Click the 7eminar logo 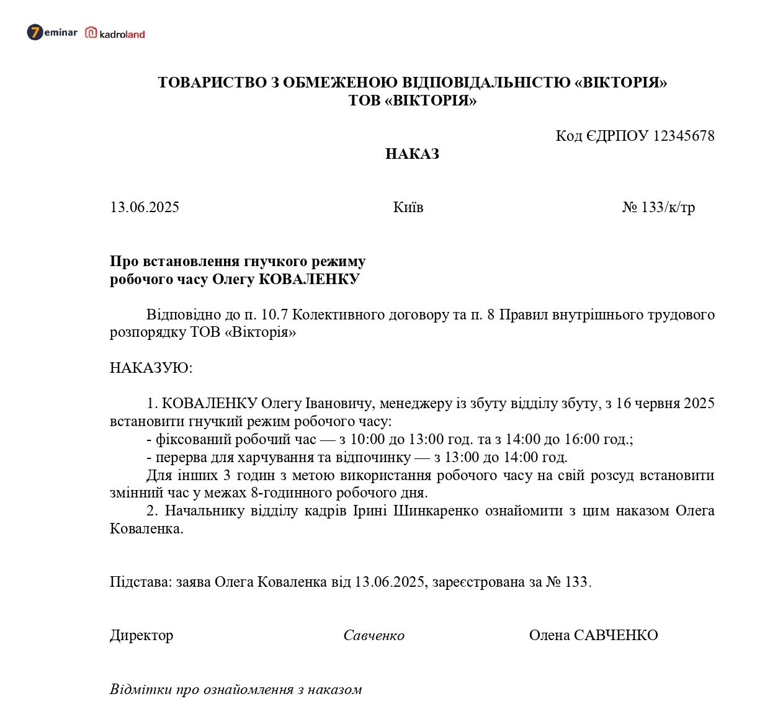52,32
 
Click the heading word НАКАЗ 412,154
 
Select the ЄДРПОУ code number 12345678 684,136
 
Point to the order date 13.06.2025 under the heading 145,207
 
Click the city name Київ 408,207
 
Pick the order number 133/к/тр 668,207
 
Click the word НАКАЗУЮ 151,368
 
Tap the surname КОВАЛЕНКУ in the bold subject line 308,279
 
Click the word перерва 181,458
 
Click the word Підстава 140,582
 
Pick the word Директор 141,635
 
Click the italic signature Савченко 374,635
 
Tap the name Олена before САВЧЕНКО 549,635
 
